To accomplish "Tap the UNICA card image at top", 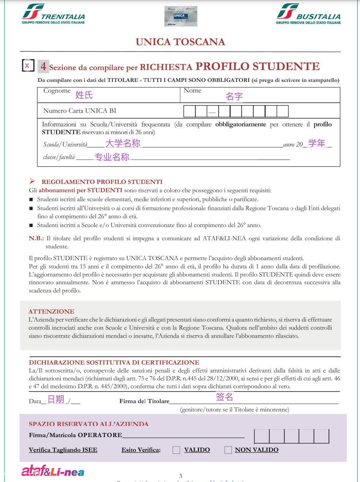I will click(181, 16).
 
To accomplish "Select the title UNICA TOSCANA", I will click(180, 42).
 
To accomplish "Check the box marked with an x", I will click(28, 65).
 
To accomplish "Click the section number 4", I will click(44, 66).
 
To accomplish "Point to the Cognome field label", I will click(57, 91).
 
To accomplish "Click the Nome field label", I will click(192, 91).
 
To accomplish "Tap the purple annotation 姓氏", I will click(84, 95).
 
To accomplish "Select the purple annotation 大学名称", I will click(123, 143).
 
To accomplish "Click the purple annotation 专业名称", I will click(112, 157).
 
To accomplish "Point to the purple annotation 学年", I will click(316, 143).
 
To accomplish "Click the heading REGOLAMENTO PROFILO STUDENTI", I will click(102, 182).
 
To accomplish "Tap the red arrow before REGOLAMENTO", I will click(32, 181).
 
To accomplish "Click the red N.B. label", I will click(36, 238).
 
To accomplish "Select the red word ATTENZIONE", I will click(51, 312).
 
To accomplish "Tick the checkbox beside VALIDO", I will click(176, 450).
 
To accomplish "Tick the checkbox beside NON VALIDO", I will click(228, 450).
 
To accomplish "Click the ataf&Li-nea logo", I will click(53, 471).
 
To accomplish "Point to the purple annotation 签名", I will click(224, 397).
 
